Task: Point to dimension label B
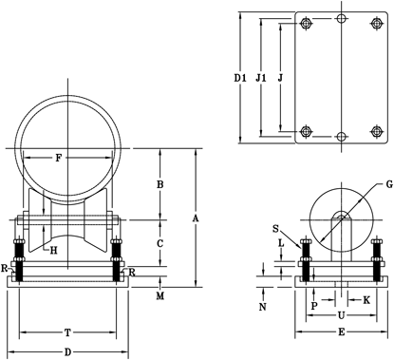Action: tap(160, 184)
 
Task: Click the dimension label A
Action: tap(195, 218)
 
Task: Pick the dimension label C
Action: tap(160, 243)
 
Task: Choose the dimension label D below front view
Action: tap(66, 352)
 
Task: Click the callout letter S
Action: tap(275, 229)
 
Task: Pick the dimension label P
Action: tap(314, 307)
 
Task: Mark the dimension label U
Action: tap(340, 314)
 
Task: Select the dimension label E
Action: tap(340, 332)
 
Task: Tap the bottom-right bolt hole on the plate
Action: tap(377, 132)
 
